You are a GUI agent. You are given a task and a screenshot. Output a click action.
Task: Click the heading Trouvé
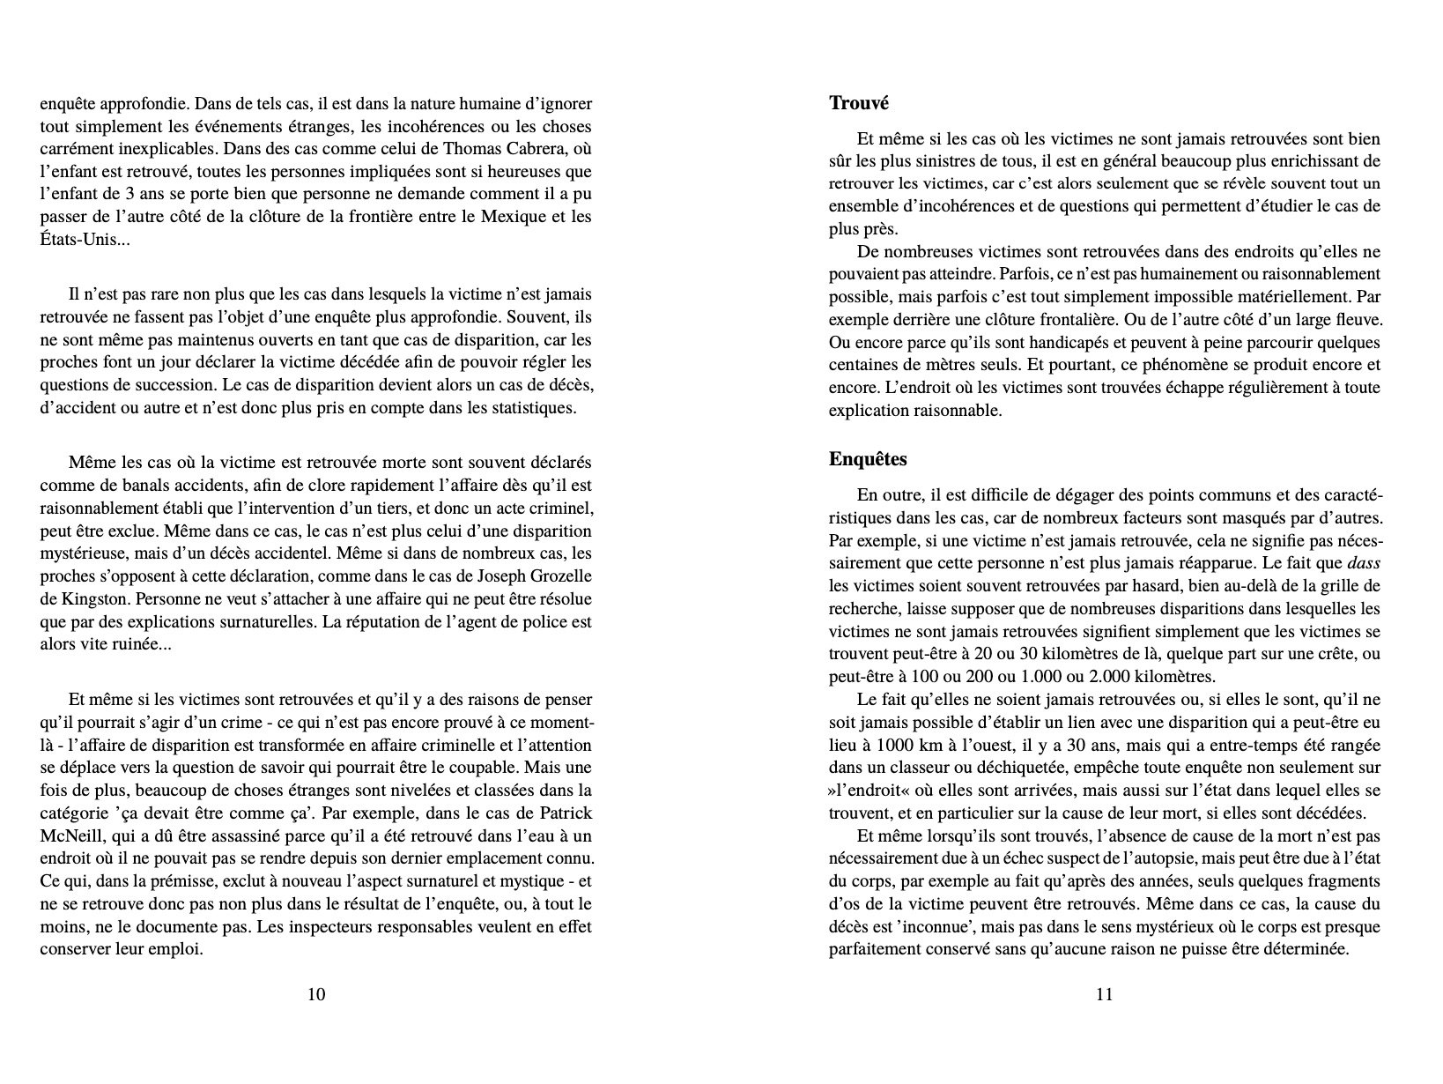click(859, 103)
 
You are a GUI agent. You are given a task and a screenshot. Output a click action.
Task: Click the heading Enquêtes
click(868, 459)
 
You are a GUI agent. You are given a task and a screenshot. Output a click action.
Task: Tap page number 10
click(316, 995)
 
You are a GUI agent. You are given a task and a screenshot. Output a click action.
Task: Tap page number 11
click(1105, 995)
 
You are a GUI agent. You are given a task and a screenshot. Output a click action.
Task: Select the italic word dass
click(1364, 562)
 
